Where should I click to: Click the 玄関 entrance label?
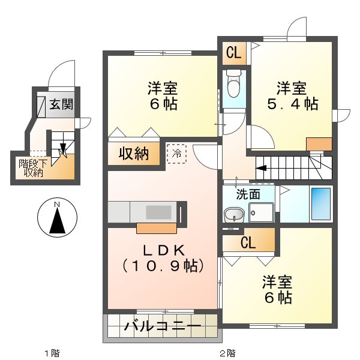pyautogui.click(x=61, y=104)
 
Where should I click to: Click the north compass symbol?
pyautogui.click(x=56, y=219)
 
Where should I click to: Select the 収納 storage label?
pyautogui.click(x=133, y=154)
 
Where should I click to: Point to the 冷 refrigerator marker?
pyautogui.click(x=176, y=153)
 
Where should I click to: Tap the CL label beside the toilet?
pyautogui.click(x=234, y=53)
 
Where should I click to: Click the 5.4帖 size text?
pyautogui.click(x=292, y=103)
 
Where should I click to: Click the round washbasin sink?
pyautogui.click(x=234, y=214)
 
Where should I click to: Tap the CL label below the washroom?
pyautogui.click(x=248, y=243)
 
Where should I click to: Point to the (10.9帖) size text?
pyautogui.click(x=163, y=264)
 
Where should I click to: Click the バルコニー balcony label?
pyautogui.click(x=163, y=328)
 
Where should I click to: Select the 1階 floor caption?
pyautogui.click(x=51, y=352)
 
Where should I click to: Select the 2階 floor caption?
pyautogui.click(x=226, y=352)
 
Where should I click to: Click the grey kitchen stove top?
pyautogui.click(x=159, y=212)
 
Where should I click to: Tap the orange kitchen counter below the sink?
pyautogui.click(x=157, y=228)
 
